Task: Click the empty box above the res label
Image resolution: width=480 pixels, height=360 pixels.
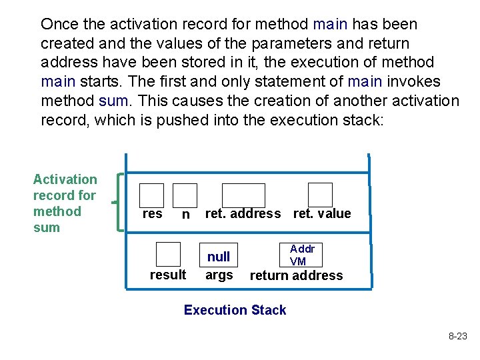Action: coord(151,195)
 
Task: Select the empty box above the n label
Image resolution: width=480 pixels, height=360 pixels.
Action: coord(185,195)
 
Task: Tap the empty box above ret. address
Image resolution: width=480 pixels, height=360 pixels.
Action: coord(243,195)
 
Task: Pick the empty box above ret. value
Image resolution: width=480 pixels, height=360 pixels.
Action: coord(320,195)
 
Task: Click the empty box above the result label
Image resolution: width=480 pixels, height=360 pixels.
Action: coord(168,255)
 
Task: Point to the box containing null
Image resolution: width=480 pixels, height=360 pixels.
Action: coord(219,256)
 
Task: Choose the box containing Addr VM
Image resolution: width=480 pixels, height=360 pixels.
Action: coord(298,255)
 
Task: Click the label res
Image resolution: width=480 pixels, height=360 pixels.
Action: coord(152,213)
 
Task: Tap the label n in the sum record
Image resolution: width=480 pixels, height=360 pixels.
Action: coord(186,215)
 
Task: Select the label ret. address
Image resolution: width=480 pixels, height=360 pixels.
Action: coord(243,213)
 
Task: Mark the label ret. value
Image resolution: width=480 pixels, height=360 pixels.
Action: coord(322,213)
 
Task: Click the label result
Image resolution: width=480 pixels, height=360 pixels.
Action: coord(168,275)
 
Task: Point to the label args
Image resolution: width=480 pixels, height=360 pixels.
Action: coord(219,275)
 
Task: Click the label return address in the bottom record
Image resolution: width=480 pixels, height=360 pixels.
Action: coord(296,275)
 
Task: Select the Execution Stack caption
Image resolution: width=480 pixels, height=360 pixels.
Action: coord(235,310)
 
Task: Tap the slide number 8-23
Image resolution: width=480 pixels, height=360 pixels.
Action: coord(457,337)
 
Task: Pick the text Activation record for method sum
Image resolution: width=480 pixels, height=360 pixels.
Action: coord(65,203)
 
